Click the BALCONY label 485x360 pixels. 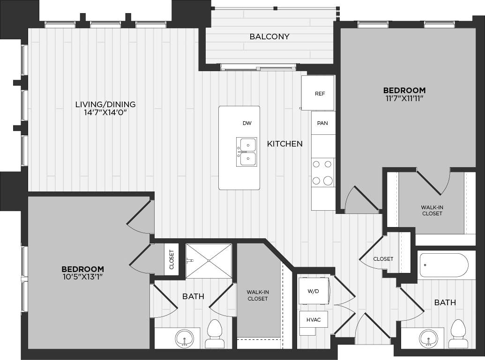(269, 37)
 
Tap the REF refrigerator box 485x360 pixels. (319, 93)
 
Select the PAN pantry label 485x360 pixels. (322, 123)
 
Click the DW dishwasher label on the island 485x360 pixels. (247, 123)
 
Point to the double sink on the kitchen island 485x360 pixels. (246, 152)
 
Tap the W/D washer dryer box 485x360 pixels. (313, 291)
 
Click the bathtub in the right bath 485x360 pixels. (443, 265)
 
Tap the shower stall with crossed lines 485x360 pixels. (209, 261)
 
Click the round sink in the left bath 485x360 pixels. (183, 338)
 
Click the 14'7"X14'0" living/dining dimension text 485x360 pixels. (105, 113)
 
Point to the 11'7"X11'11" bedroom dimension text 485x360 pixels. (404, 99)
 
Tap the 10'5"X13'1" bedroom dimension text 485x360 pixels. (82, 277)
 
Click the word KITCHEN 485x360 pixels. (284, 144)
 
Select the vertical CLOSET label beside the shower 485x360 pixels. (171, 260)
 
